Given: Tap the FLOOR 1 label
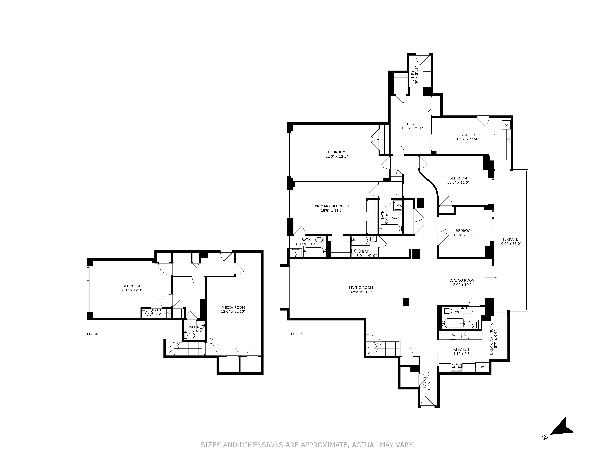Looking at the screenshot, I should tap(94, 334).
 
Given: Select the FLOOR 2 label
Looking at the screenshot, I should tap(294, 334).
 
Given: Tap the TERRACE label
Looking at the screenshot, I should tap(510, 239).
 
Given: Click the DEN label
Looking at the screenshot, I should tap(410, 124).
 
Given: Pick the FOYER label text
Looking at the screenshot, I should tap(425, 383).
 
